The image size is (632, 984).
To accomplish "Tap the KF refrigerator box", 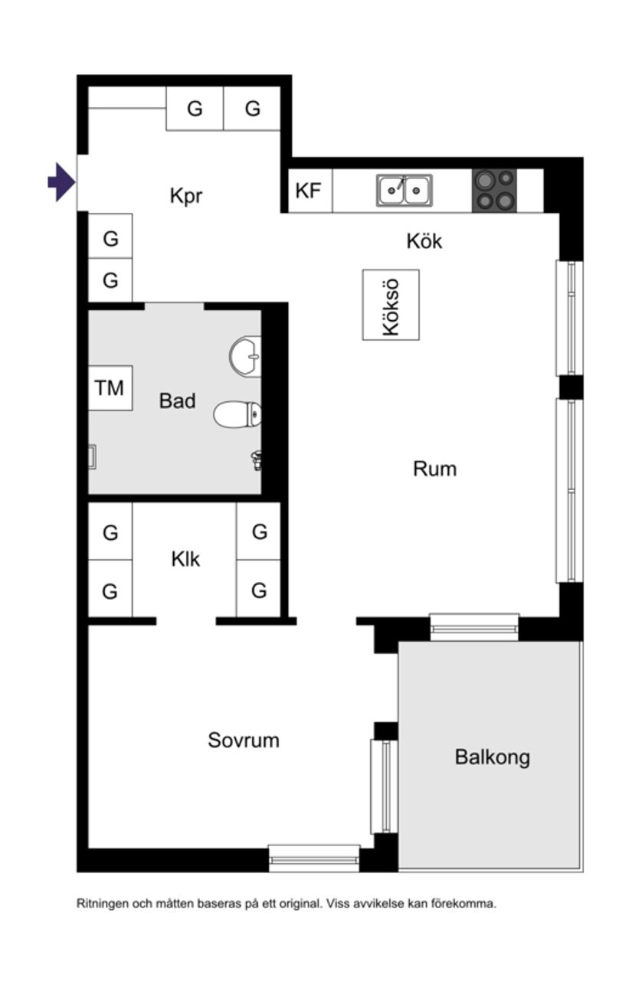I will pyautogui.click(x=309, y=191).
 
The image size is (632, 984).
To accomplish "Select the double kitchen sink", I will pyautogui.click(x=404, y=189).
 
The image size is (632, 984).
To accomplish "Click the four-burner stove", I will pyautogui.click(x=494, y=190).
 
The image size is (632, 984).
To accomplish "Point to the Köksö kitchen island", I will pyautogui.click(x=391, y=305).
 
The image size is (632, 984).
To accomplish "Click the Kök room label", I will pyautogui.click(x=424, y=241).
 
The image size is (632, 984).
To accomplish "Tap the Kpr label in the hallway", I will pyautogui.click(x=186, y=196).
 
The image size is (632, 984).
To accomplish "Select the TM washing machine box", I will pyautogui.click(x=110, y=388).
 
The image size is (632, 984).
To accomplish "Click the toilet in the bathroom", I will pyautogui.click(x=237, y=414).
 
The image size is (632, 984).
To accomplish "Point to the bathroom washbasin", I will pyautogui.click(x=247, y=356).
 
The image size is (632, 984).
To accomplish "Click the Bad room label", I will pyautogui.click(x=177, y=400).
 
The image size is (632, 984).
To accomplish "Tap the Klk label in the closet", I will pyautogui.click(x=185, y=560).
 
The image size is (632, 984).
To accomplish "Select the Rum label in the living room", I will pyautogui.click(x=434, y=469).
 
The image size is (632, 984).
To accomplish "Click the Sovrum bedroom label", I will pyautogui.click(x=244, y=740).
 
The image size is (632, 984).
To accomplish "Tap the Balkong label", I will pyautogui.click(x=492, y=757).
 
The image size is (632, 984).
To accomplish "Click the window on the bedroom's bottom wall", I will pyautogui.click(x=314, y=858).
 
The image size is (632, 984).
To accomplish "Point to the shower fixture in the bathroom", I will pyautogui.click(x=257, y=459).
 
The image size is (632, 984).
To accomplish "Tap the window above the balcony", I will pyautogui.click(x=474, y=626).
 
